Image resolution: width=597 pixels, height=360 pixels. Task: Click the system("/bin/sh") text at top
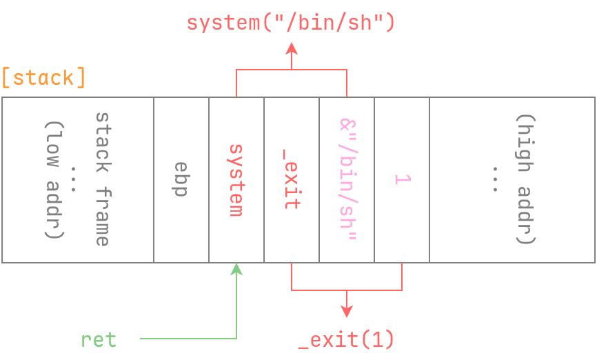[291, 23]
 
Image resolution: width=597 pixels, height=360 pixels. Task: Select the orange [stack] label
[43, 77]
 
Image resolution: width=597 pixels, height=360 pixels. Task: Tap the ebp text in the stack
[181, 179]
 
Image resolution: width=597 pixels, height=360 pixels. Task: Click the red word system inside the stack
[236, 179]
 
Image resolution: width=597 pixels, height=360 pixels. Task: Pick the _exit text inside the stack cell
[291, 179]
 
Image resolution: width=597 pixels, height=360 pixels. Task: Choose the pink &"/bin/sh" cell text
[347, 179]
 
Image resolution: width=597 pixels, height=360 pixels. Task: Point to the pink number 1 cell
[402, 179]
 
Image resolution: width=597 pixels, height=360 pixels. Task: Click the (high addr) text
[526, 179]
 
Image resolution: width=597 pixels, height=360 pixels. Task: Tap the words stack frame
[102, 179]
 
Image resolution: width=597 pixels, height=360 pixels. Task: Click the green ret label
[99, 339]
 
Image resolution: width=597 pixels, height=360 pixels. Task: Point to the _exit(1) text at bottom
[346, 339]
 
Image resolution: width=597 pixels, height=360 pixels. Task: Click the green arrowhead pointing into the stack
[236, 268]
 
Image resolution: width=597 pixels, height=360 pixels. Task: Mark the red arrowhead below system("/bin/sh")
[292, 48]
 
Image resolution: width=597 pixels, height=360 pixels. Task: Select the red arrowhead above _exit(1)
[346, 312]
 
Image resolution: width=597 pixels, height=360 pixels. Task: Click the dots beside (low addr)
[74, 179]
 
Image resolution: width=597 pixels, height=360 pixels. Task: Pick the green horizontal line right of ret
[186, 339]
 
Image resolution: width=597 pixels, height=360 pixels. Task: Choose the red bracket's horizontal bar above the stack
[292, 70]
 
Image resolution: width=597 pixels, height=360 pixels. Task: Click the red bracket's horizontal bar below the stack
[346, 290]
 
